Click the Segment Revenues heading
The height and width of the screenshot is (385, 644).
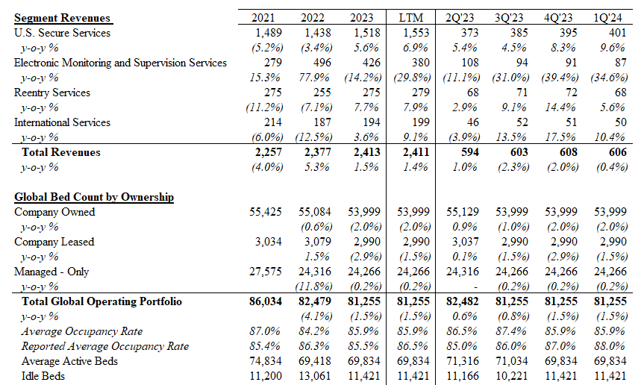tap(62, 18)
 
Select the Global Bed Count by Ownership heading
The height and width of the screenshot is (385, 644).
tap(94, 197)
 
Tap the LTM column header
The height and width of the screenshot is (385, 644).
tap(410, 18)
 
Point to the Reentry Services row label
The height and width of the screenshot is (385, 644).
tap(52, 93)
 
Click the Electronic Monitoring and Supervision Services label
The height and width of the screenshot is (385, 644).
tap(120, 63)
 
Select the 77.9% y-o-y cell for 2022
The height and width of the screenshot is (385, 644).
tap(314, 78)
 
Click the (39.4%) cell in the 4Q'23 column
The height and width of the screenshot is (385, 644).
tap(560, 78)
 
